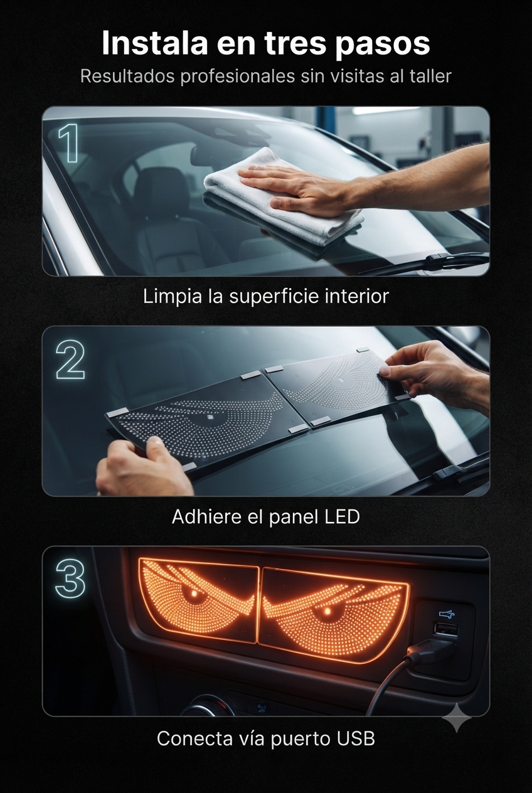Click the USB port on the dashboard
pos(446,629)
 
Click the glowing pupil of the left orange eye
pos(194,593)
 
